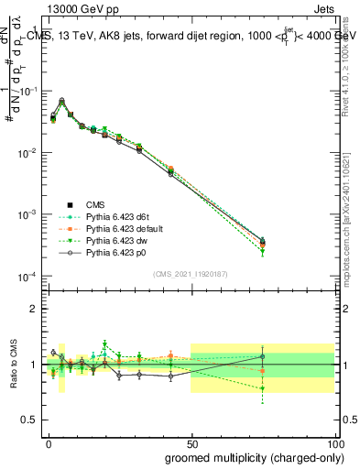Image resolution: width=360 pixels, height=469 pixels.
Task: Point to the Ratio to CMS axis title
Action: point(13,365)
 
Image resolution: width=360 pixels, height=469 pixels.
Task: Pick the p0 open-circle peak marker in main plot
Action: point(61,100)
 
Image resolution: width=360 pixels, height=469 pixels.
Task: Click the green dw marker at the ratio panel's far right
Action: point(262,388)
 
